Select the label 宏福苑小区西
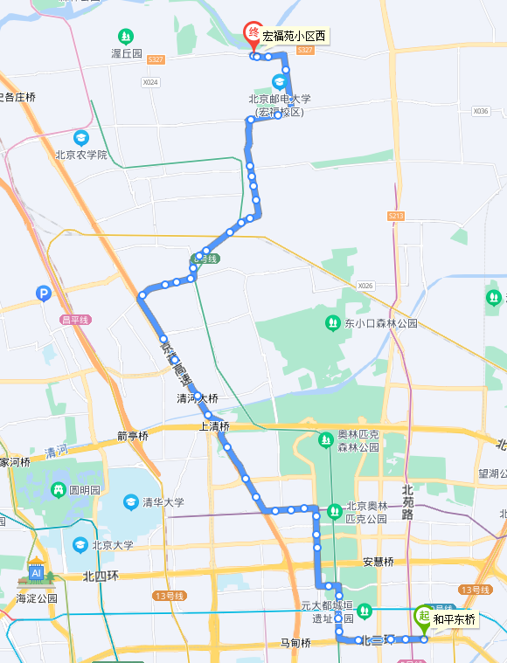point(295,37)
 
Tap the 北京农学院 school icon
point(81,138)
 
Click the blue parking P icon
point(44,294)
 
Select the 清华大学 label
point(164,502)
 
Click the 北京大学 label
point(113,545)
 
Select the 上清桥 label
point(214,426)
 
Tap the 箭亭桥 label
point(133,436)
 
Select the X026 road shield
point(365,286)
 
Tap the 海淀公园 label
point(36,598)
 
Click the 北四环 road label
point(101,577)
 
